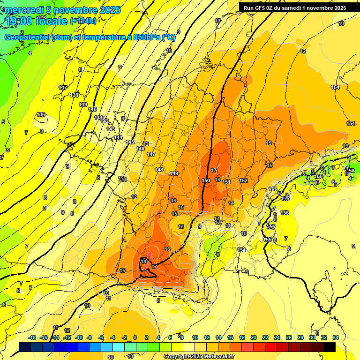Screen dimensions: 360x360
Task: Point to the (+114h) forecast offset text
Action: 83,21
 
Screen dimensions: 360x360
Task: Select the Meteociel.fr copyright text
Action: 199,357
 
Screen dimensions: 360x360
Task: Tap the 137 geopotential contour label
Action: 63,88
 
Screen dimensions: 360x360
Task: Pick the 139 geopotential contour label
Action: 83,105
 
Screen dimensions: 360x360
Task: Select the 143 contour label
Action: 111,128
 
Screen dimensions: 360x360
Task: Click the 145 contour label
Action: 130,142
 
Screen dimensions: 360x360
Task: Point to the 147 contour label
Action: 151,154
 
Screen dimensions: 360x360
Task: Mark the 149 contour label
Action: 174,174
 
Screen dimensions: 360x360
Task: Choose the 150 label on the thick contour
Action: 206,180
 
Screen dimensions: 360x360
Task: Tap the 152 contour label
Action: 243,180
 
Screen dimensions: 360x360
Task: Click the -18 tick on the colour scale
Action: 32,337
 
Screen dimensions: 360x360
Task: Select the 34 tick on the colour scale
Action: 335,337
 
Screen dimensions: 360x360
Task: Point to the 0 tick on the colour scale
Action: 135,337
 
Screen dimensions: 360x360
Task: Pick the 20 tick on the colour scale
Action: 254,337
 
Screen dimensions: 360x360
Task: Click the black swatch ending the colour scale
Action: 330,347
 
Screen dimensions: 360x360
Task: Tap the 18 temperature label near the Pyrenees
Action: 144,262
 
